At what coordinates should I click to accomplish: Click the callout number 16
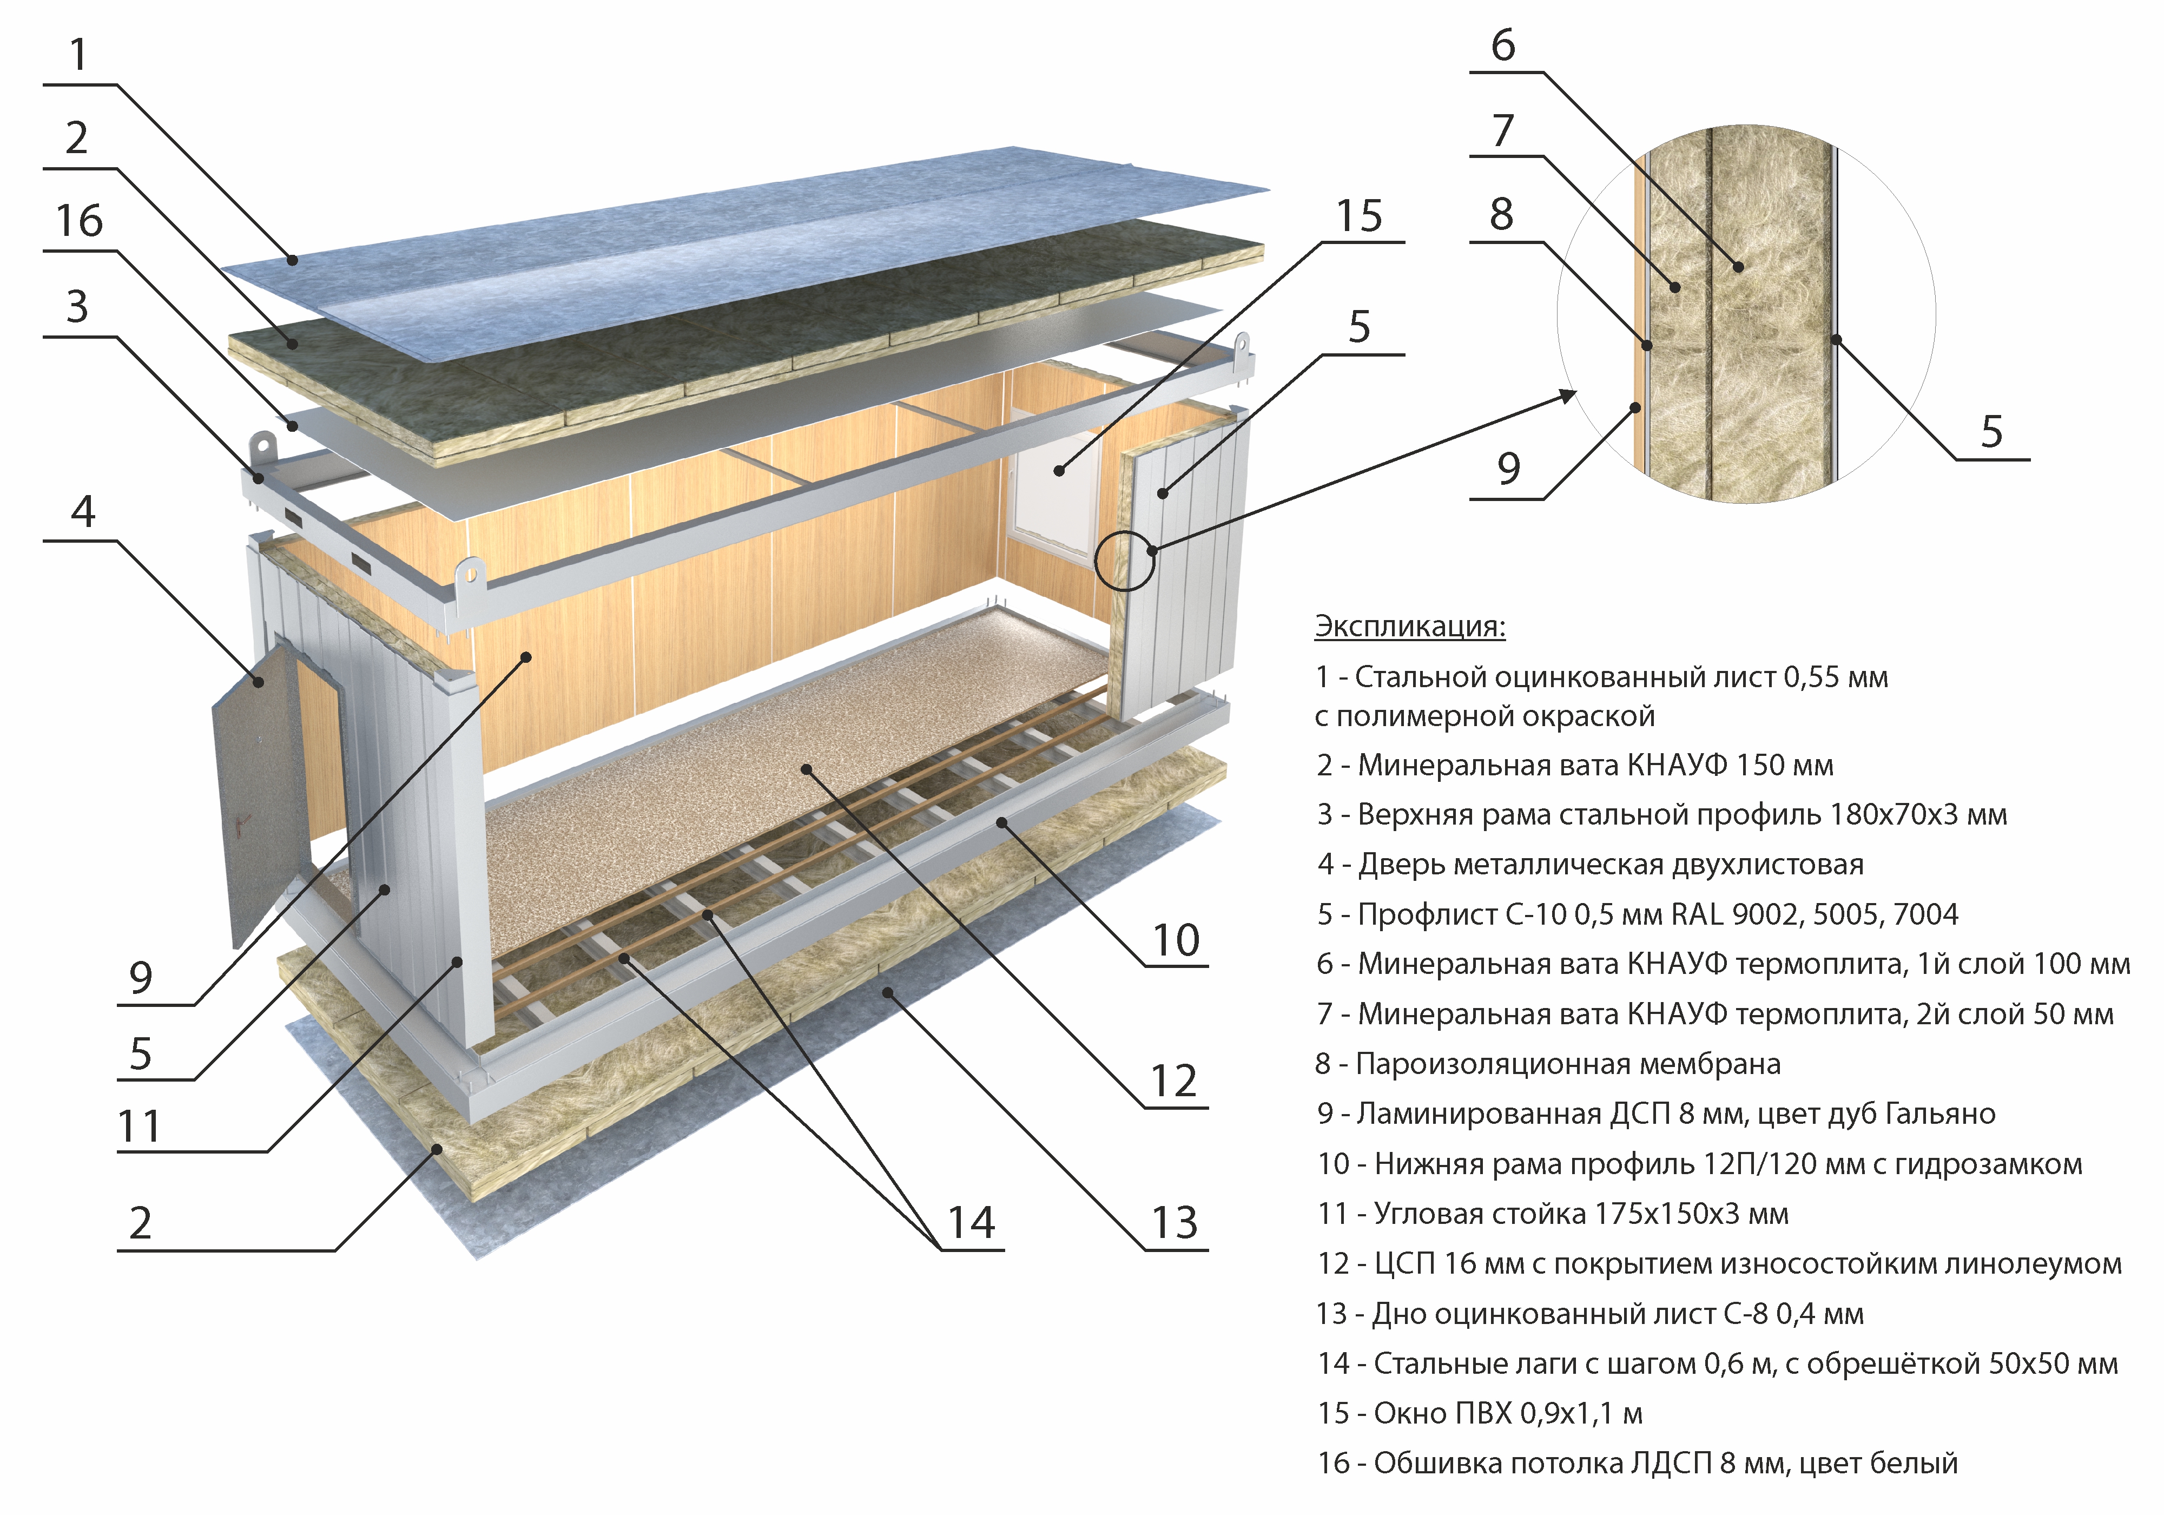[79, 221]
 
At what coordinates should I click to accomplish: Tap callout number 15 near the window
[1359, 216]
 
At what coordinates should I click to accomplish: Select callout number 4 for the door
[83, 511]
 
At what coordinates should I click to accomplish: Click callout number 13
[1175, 1223]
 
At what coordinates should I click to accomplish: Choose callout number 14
[971, 1223]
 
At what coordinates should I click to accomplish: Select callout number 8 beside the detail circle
[1501, 214]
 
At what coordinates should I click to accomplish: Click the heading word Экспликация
[1410, 626]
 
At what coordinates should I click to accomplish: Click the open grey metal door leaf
[259, 792]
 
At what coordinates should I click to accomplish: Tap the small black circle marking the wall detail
[1124, 560]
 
